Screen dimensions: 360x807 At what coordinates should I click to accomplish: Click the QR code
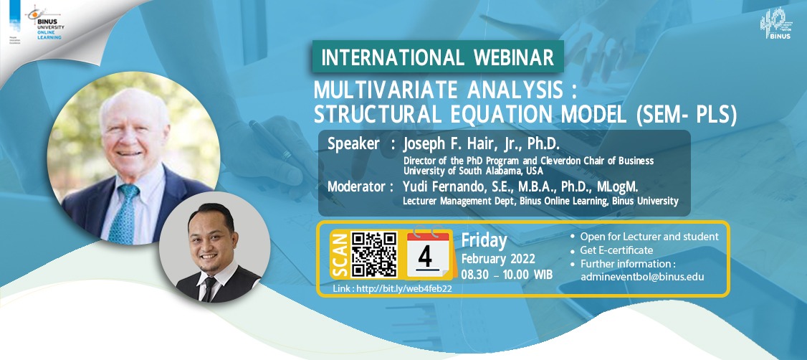[375, 255]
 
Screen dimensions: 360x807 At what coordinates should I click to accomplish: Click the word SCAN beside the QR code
[340, 255]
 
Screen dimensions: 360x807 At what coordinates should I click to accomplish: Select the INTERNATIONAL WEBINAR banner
[437, 57]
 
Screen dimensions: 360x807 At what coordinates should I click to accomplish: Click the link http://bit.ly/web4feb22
[393, 288]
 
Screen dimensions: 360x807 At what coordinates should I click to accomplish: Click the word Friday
[484, 240]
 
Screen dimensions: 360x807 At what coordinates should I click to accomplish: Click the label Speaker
[353, 143]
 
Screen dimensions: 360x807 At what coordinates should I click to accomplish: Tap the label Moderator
[360, 187]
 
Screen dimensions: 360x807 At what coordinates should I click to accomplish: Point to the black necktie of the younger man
[209, 287]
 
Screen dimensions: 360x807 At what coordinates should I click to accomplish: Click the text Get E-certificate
[616, 250]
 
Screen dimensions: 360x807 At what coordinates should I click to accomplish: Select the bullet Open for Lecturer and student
[649, 237]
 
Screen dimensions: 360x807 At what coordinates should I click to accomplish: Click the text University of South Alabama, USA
[473, 171]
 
